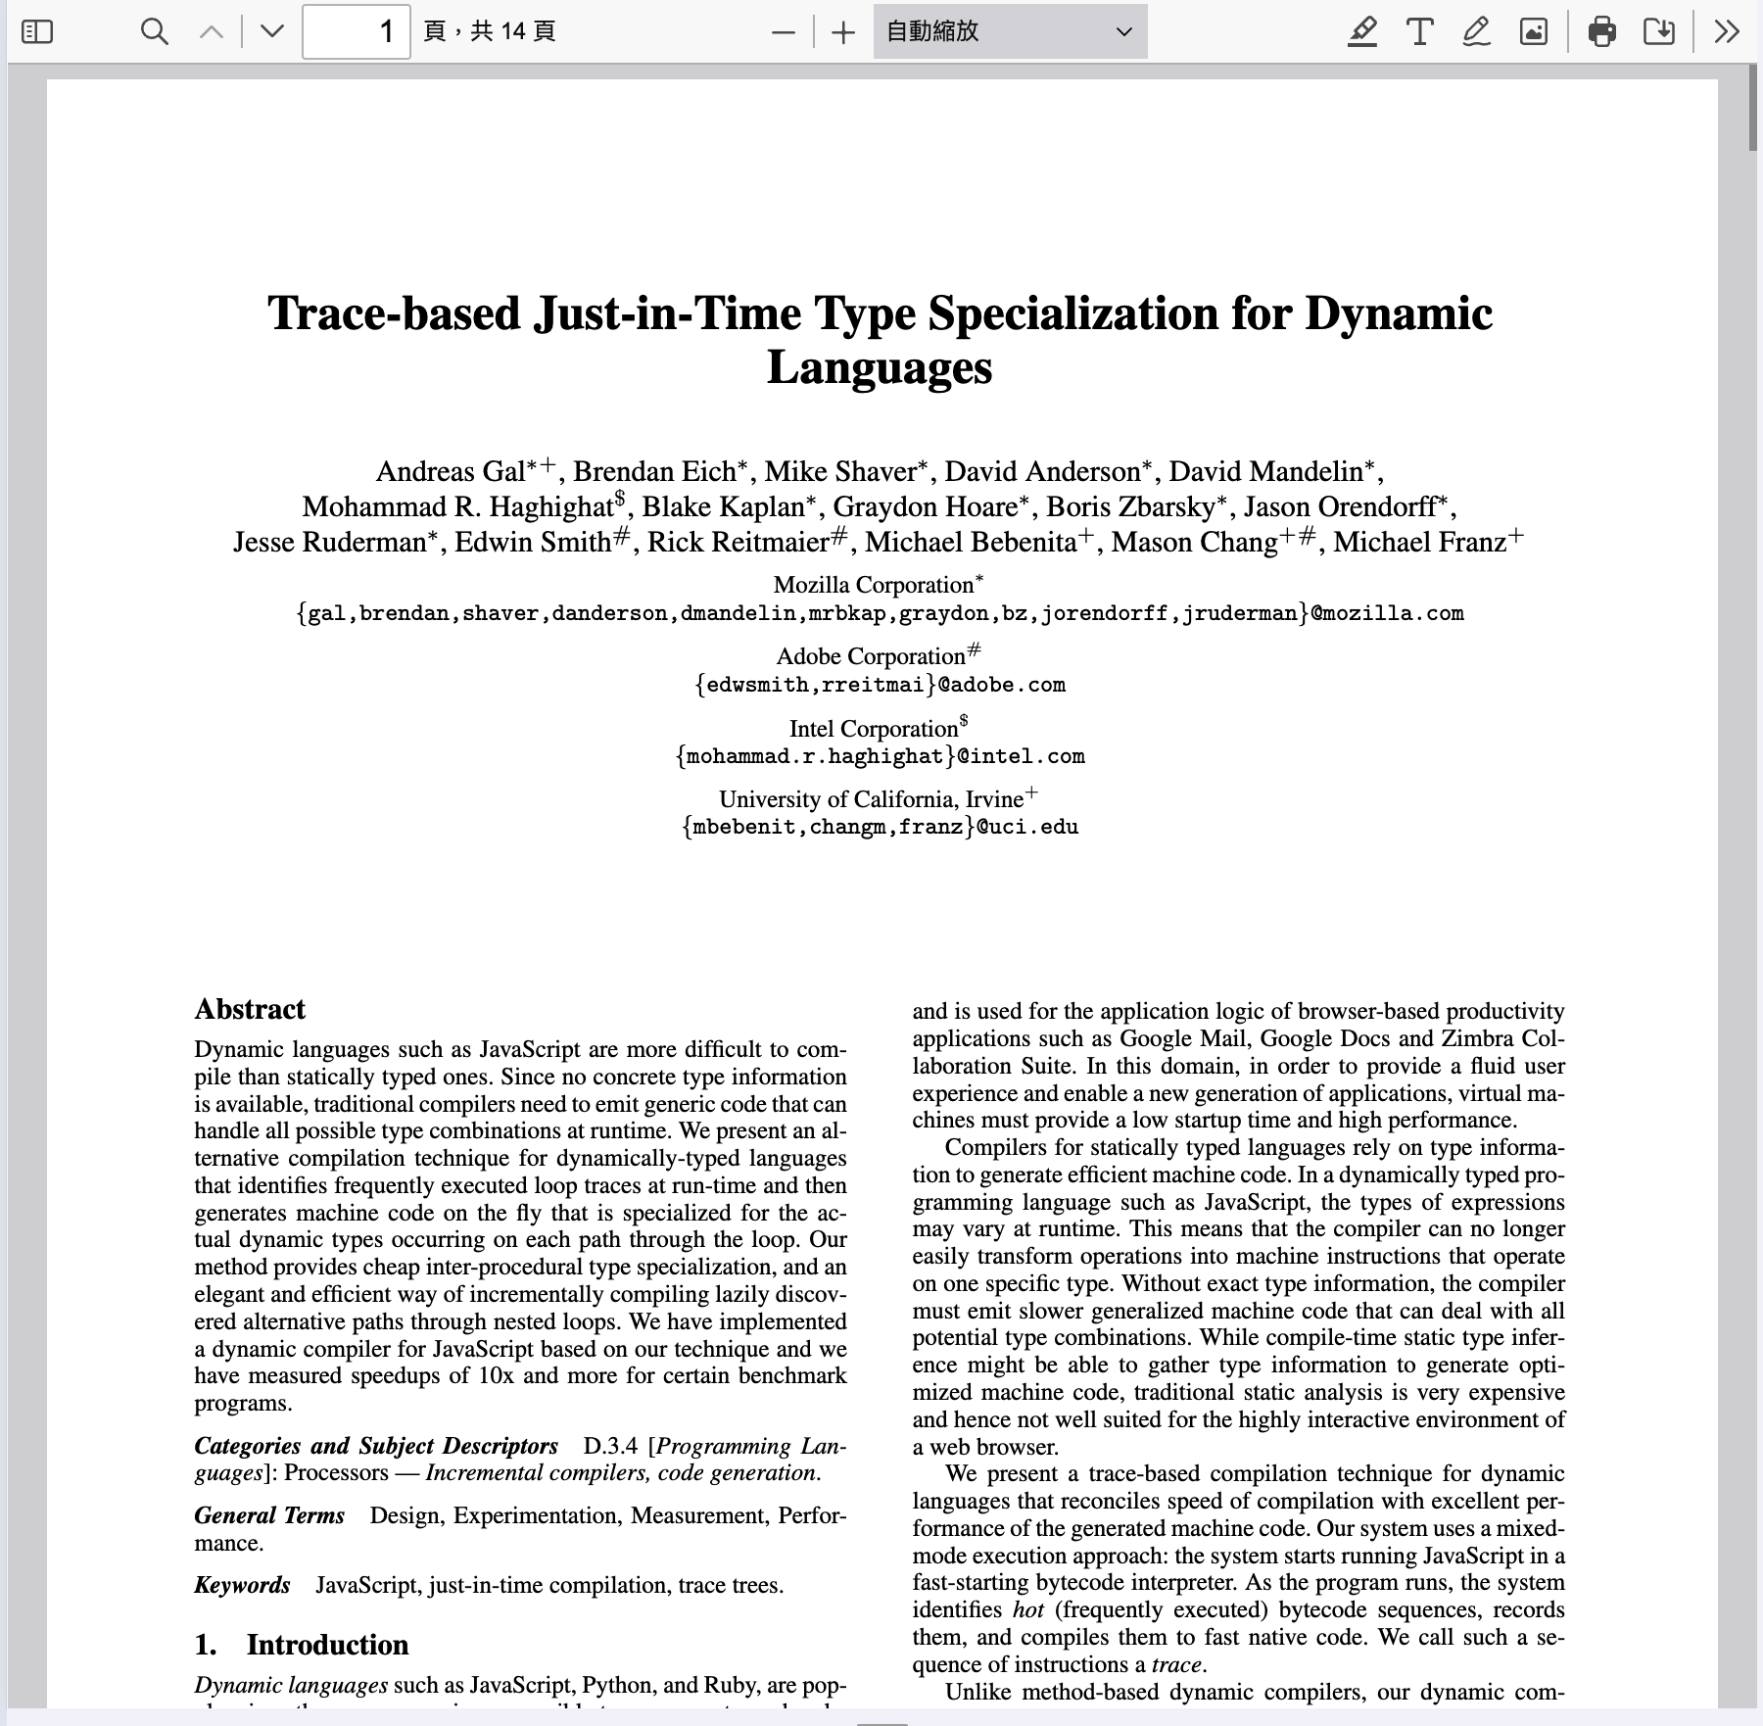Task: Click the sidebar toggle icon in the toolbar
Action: point(37,32)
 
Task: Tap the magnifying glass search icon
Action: point(154,32)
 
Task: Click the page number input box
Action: point(356,32)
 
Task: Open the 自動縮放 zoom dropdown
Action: point(1010,32)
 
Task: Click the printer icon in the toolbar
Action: point(1601,32)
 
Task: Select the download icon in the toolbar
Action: point(1658,32)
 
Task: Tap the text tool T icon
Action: point(1419,32)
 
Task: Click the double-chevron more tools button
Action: point(1727,32)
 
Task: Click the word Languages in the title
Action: point(880,368)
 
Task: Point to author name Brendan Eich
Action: point(654,472)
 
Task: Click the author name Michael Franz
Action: point(1419,543)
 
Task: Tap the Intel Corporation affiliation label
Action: point(873,730)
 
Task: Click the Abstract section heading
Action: point(250,1010)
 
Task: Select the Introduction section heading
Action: point(326,1645)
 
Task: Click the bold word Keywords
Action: point(242,1586)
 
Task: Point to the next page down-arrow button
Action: point(272,32)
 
